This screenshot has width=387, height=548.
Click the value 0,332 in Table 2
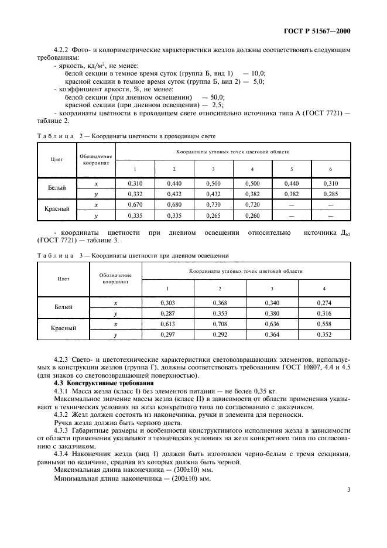135,193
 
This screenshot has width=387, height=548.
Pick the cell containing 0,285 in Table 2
331,193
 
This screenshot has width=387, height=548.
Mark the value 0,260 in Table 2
252,215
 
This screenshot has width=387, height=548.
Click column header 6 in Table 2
331,169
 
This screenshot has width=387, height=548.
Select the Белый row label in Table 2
57,188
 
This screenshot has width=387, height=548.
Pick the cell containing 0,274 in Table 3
324,303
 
